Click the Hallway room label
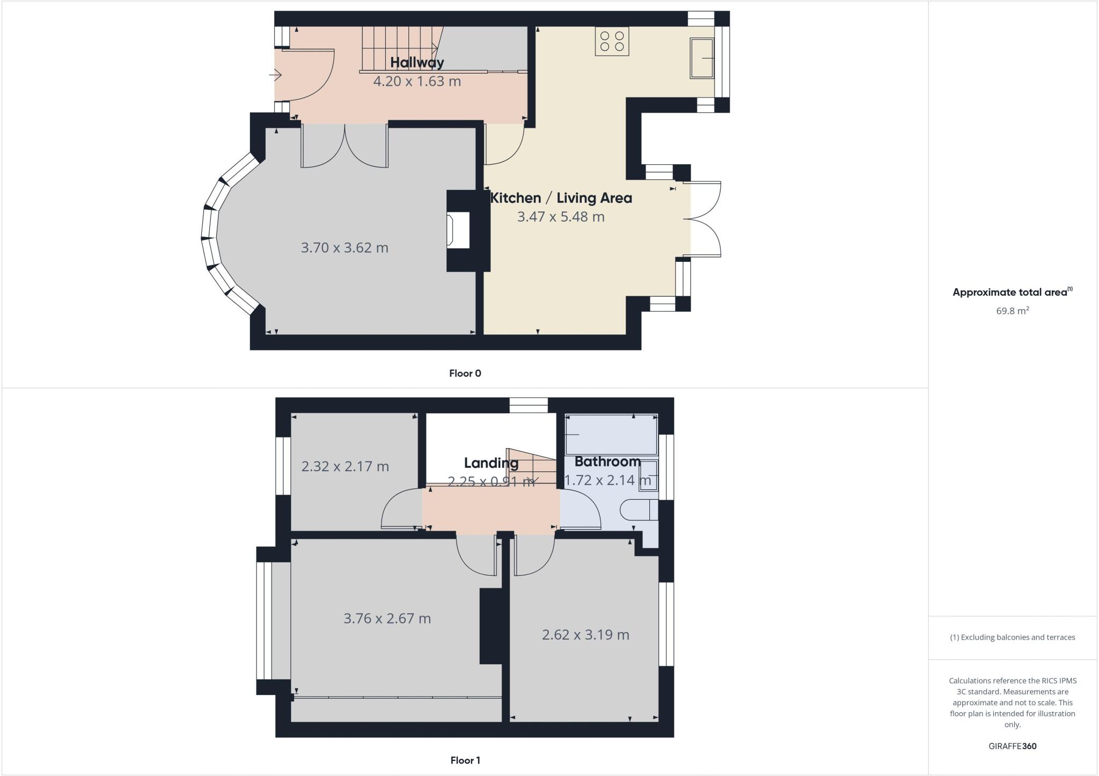pos(417,63)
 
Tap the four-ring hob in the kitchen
pos(612,41)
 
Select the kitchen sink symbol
pos(702,58)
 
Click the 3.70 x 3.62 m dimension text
pos(345,248)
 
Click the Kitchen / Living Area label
pos(561,198)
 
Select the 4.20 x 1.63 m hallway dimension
pos(417,82)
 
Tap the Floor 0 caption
pos(465,374)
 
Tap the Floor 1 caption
pos(465,760)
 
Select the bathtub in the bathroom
pos(611,434)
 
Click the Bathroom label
pos(607,462)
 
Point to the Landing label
pos(491,463)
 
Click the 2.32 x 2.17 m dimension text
pos(345,466)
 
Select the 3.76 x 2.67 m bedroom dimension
pos(387,619)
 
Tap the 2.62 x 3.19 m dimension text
pos(585,635)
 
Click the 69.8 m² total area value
pos(1012,311)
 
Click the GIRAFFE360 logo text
pos(1012,746)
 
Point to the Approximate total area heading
pos(1012,292)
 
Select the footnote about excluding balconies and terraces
pos(1012,638)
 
